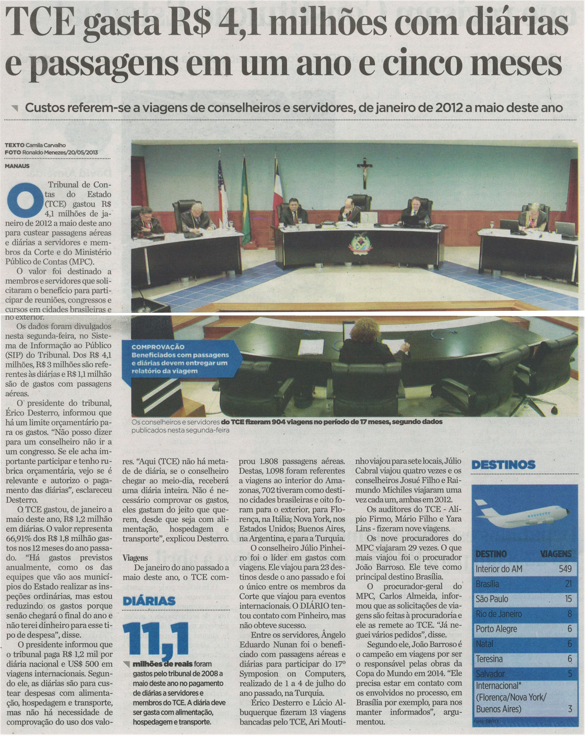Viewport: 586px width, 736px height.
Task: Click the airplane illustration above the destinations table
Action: tap(522, 513)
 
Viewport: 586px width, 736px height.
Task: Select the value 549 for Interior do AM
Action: tap(565, 569)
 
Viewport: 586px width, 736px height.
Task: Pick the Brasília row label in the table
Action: tap(487, 584)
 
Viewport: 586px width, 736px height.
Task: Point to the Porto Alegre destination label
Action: tap(496, 629)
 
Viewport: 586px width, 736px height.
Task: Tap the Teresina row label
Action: tap(489, 659)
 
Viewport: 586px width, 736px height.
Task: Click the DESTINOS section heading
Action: tap(503, 465)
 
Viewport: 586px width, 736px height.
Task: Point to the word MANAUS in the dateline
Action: tap(17, 166)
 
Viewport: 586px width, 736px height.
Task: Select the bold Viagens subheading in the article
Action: tap(135, 558)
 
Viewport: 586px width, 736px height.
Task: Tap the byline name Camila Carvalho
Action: tap(46, 145)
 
